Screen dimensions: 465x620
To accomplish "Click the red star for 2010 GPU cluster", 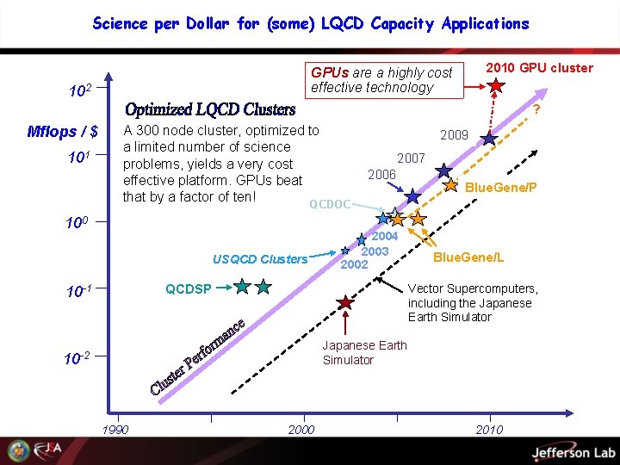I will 496,85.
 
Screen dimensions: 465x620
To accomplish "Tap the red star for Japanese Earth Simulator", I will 345,302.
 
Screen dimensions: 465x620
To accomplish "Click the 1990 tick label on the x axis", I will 115,430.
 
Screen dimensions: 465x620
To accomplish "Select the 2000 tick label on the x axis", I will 301,430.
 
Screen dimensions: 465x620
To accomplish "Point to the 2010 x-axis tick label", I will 489,430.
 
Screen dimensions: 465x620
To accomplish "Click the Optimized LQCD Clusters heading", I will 210,109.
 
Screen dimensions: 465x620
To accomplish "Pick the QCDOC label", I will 330,204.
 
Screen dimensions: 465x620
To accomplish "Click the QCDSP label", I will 188,288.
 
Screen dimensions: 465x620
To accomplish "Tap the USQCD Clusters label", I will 259,258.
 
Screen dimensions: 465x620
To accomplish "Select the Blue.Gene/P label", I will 500,187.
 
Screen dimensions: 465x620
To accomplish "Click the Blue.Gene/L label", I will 468,257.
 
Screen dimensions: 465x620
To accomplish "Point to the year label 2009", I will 454,135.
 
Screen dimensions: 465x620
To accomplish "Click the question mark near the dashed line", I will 536,109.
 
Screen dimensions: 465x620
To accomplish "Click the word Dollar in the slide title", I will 208,23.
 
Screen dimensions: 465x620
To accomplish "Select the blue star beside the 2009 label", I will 488,138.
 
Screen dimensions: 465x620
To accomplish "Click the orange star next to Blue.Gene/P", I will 450,184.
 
